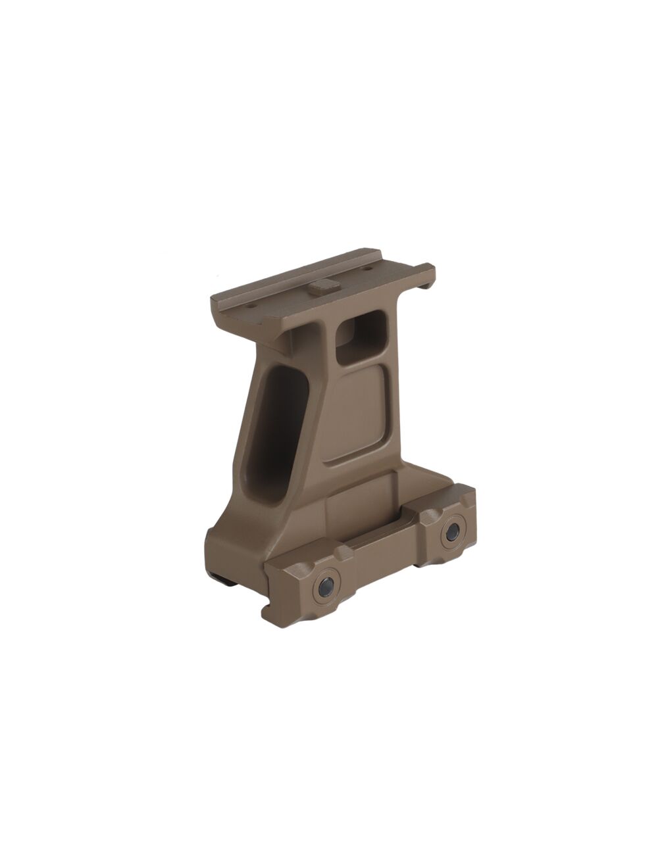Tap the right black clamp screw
[453, 533]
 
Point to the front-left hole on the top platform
[250, 304]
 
